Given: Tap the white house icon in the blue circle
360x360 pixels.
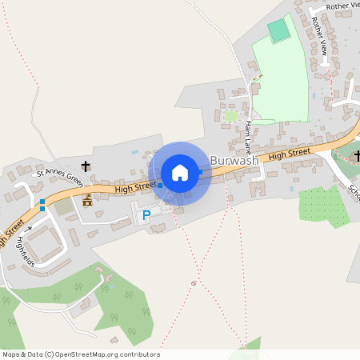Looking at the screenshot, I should (180, 173).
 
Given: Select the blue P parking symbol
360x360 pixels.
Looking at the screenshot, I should (146, 215).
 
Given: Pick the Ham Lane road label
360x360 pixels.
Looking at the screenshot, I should (250, 132).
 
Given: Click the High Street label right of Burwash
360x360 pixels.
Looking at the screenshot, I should (289, 154).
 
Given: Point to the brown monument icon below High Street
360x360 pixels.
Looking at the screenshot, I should (87, 200).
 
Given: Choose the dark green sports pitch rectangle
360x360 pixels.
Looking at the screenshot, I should (278, 31).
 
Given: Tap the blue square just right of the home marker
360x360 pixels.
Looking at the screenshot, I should (200, 172).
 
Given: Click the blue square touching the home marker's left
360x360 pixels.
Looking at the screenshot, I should (160, 186).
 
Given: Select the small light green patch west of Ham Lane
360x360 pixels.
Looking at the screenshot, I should (231, 116).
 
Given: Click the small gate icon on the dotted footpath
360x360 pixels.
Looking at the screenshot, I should (194, 282).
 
